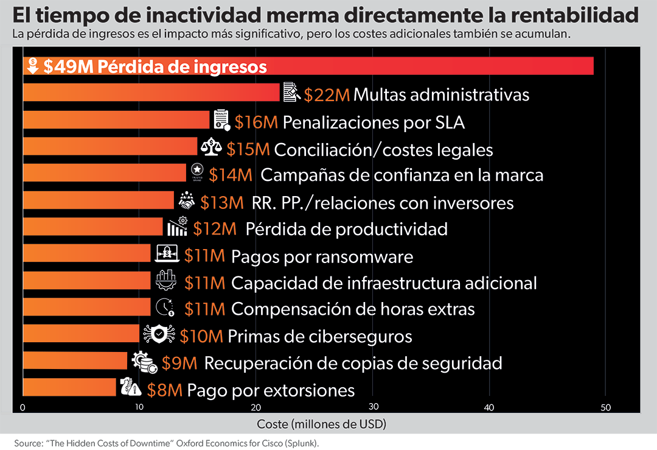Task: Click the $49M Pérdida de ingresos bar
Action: point(308,66)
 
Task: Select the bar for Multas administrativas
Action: point(151,93)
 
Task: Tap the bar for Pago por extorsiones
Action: point(69,387)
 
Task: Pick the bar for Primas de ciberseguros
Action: point(82,334)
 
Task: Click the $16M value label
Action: point(256,122)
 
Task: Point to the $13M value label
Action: point(221,203)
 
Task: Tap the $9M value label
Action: point(179,363)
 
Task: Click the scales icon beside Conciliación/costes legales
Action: point(211,147)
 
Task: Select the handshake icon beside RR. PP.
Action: point(187,200)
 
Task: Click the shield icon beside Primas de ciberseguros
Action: point(159,334)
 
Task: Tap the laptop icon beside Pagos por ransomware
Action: point(167,253)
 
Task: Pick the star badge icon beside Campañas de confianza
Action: point(197,172)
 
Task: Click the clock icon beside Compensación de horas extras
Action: point(165,307)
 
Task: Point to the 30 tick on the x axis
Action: point(374,406)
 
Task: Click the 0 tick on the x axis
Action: point(23,407)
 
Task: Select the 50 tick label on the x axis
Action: point(605,407)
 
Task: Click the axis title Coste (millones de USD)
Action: point(321,424)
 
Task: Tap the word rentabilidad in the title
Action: point(574,15)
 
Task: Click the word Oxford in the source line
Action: point(189,443)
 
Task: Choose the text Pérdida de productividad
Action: point(347,229)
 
